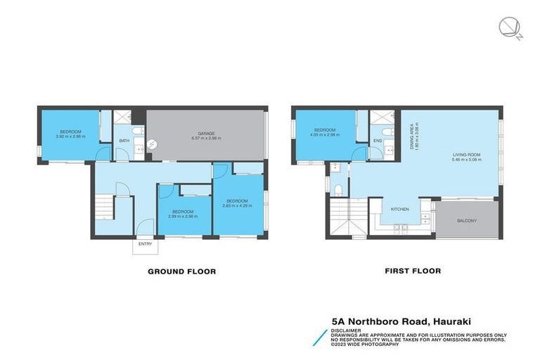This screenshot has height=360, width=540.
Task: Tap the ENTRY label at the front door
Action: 145,244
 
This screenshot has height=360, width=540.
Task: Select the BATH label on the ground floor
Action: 124,141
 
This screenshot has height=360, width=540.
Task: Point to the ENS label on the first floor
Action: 378,141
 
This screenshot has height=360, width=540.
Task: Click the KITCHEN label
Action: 400,209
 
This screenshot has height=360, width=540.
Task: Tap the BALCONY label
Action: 466,221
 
